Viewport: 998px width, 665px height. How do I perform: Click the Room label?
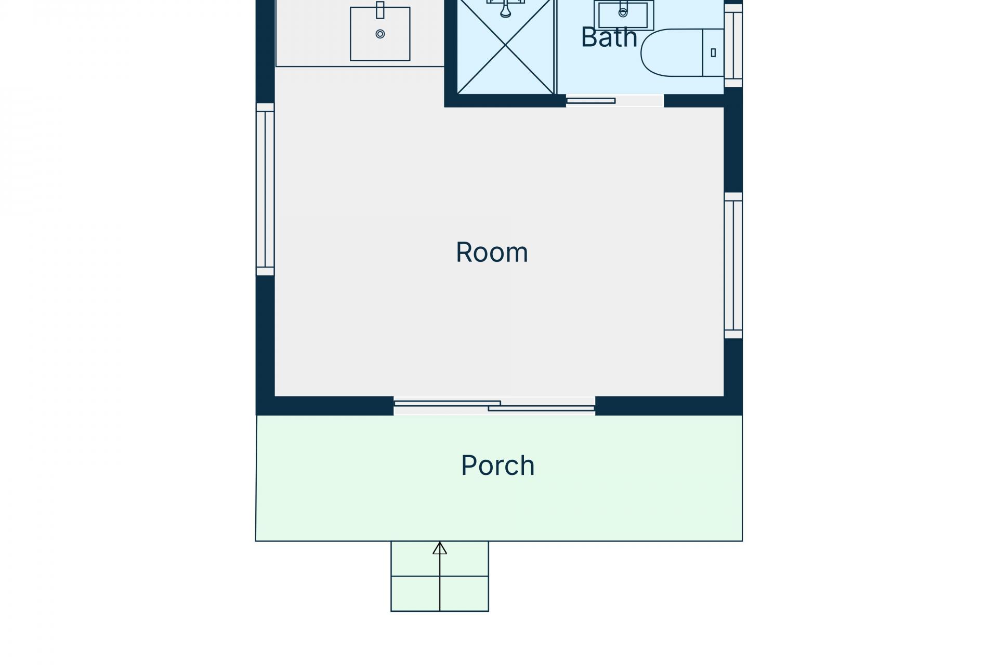(x=492, y=252)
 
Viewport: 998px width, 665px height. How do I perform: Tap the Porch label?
(x=498, y=465)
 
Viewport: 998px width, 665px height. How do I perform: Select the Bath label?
(x=609, y=37)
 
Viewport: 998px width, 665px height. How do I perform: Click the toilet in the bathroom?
(x=682, y=52)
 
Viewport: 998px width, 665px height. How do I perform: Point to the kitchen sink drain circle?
(x=380, y=34)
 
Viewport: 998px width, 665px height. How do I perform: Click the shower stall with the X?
(x=505, y=47)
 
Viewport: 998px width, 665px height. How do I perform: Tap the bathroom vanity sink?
(x=624, y=15)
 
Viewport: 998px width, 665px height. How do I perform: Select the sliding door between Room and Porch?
(x=494, y=406)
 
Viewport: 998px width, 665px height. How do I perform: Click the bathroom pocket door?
(x=590, y=101)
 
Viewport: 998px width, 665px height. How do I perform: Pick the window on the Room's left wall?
(x=265, y=189)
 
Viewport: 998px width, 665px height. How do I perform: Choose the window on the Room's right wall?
(x=733, y=265)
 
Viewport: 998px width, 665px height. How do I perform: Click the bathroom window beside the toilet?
(x=733, y=46)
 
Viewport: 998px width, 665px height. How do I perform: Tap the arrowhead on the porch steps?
(x=440, y=548)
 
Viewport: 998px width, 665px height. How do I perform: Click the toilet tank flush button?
(x=713, y=52)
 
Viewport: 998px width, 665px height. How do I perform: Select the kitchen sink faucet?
(x=380, y=10)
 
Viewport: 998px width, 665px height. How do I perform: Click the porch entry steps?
(x=440, y=576)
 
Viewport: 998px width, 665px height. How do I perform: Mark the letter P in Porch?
(x=468, y=465)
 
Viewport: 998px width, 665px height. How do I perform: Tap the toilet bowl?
(x=672, y=52)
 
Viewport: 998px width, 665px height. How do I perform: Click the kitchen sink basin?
(x=380, y=34)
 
